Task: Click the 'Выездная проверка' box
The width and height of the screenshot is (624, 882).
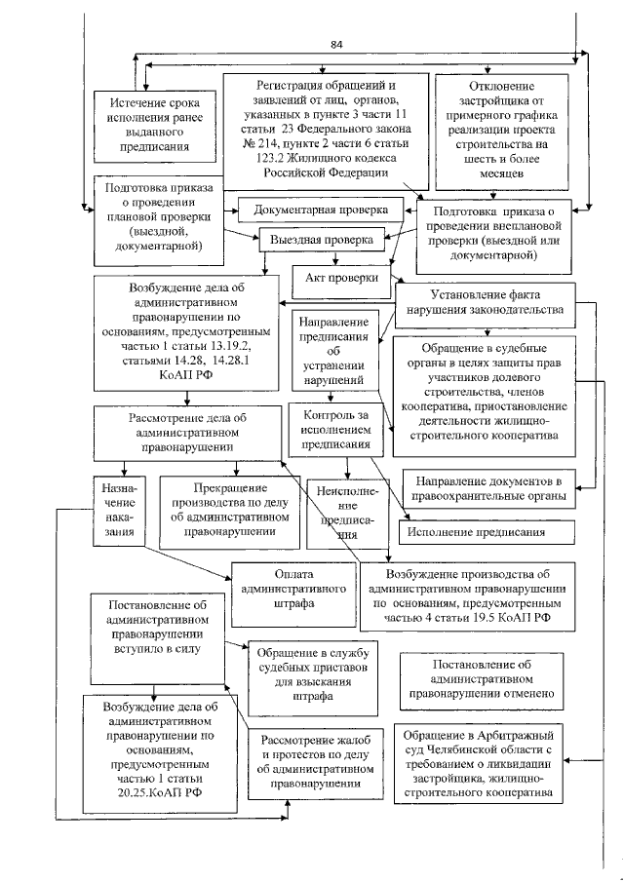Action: point(321,239)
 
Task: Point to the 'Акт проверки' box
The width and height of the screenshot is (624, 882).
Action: point(335,278)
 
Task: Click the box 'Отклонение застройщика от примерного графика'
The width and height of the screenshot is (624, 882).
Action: point(500,131)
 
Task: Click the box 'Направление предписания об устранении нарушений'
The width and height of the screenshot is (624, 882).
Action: point(331,349)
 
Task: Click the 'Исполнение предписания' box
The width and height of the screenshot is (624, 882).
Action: point(484,533)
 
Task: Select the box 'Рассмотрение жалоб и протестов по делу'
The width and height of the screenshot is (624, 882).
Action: point(313,762)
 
